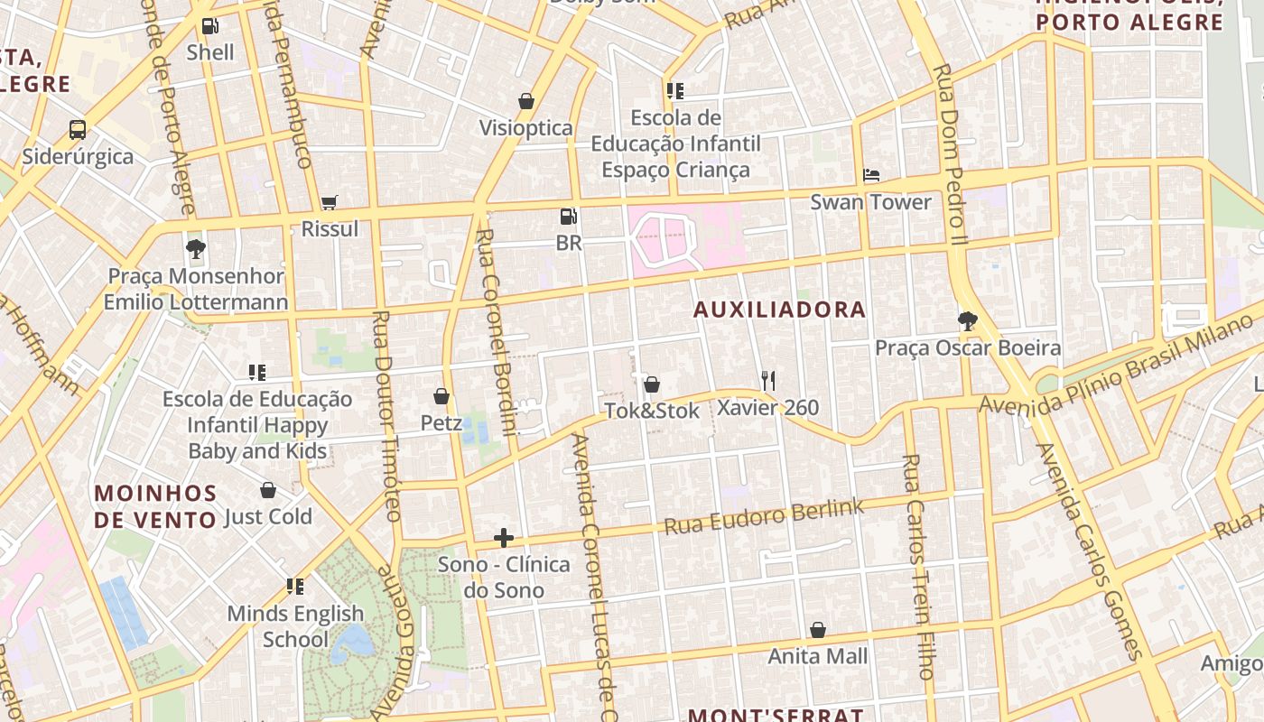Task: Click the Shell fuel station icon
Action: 209,26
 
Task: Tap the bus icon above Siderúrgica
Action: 78,130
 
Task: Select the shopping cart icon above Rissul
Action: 330,203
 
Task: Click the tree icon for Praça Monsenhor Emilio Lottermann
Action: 195,248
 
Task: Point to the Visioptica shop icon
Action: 526,101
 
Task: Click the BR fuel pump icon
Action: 568,217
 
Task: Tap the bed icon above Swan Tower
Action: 871,175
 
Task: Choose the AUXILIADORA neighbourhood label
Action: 779,310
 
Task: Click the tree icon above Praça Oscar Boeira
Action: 968,321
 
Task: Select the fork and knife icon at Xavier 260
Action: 768,380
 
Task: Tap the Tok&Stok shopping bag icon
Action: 652,384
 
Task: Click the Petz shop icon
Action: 441,396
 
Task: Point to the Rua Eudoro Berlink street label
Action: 764,516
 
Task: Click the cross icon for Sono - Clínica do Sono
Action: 504,539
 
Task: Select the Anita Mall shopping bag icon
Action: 818,630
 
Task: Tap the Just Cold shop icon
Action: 268,490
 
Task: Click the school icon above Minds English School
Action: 295,587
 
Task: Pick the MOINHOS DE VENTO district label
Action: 155,506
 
